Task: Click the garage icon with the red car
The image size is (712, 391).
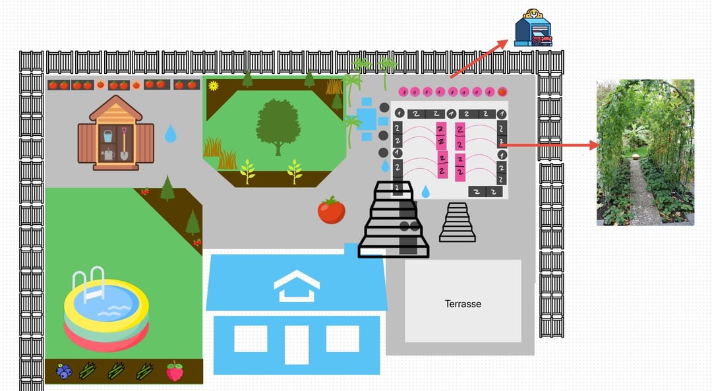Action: click(x=533, y=28)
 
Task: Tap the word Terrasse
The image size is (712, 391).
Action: click(x=463, y=304)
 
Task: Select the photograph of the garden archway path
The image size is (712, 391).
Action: click(x=645, y=152)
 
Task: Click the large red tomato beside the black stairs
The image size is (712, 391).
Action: click(x=331, y=210)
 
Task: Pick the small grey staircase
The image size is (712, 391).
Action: click(x=458, y=223)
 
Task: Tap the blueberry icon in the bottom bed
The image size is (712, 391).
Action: click(x=63, y=371)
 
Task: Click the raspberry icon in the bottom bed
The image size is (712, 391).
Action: click(x=175, y=371)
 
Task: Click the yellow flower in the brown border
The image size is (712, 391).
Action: click(x=213, y=85)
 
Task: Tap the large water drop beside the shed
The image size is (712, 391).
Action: click(x=171, y=134)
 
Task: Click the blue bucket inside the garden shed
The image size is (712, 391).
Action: click(x=108, y=137)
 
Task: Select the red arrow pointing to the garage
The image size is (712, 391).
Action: click(x=479, y=59)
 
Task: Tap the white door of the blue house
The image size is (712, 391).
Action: click(x=297, y=344)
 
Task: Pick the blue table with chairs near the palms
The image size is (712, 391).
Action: click(x=367, y=119)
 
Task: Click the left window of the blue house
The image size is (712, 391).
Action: click(x=251, y=339)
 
